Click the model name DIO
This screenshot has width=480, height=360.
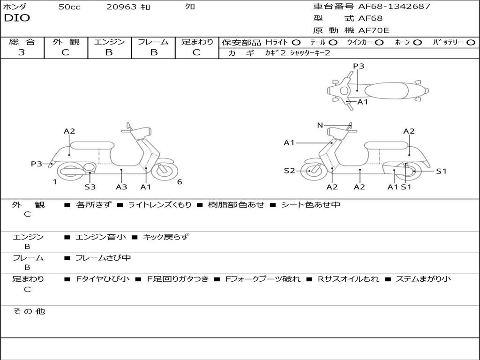[17, 18]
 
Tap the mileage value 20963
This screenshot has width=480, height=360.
[121, 7]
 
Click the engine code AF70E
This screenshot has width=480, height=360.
[374, 31]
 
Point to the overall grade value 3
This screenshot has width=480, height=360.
[22, 52]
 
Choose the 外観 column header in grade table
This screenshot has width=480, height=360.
[66, 42]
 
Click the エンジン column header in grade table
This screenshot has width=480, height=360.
[109, 42]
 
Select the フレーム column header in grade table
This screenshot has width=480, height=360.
[153, 42]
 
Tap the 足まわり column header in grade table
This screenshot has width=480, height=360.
[197, 42]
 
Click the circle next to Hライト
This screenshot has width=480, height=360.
[296, 43]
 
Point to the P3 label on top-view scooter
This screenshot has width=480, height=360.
[359, 66]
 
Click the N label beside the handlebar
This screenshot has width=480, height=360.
[320, 125]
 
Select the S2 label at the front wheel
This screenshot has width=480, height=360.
[289, 171]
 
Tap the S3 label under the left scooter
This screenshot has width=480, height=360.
[90, 187]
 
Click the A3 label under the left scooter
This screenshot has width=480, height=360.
[121, 187]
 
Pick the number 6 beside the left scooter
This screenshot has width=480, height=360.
[180, 182]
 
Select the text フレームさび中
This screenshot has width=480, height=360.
[103, 258]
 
